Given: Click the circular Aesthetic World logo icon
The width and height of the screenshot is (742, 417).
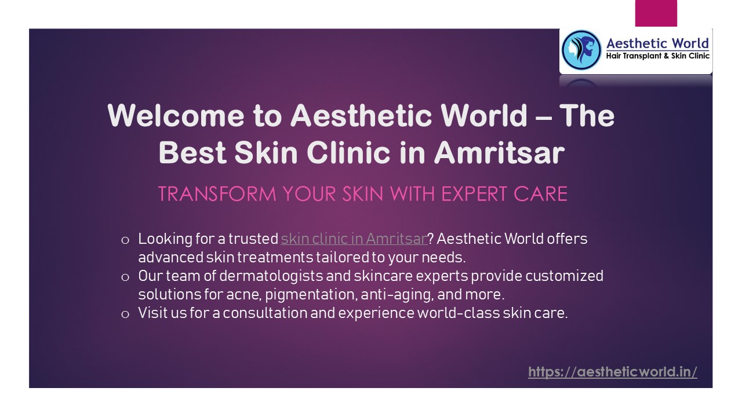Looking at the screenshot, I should point(581,50).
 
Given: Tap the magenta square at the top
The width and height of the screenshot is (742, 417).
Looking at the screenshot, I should point(656,13).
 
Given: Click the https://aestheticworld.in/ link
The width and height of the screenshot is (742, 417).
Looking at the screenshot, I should point(612,372).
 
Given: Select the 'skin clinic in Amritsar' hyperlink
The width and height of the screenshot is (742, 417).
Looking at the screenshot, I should point(354,239).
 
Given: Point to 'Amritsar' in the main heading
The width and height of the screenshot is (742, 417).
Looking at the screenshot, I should point(499,153).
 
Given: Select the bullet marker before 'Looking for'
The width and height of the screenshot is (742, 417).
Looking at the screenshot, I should point(125,240).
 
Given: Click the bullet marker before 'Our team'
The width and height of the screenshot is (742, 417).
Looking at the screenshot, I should point(125,277).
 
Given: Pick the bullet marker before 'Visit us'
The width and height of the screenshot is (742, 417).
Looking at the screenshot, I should point(125,314).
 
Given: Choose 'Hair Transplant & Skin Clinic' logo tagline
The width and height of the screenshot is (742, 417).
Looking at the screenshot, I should point(657,56).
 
